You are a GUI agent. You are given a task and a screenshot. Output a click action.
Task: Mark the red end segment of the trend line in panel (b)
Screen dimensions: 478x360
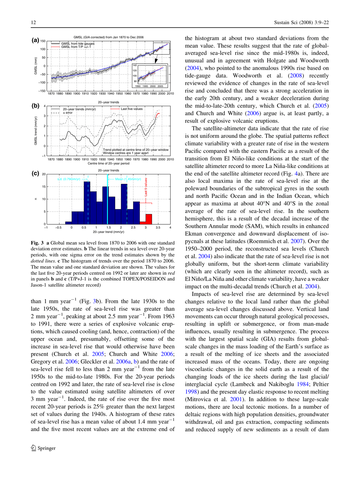pos(158,104)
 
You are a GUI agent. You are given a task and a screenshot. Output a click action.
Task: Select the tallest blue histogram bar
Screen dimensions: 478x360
pos(87,202)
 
